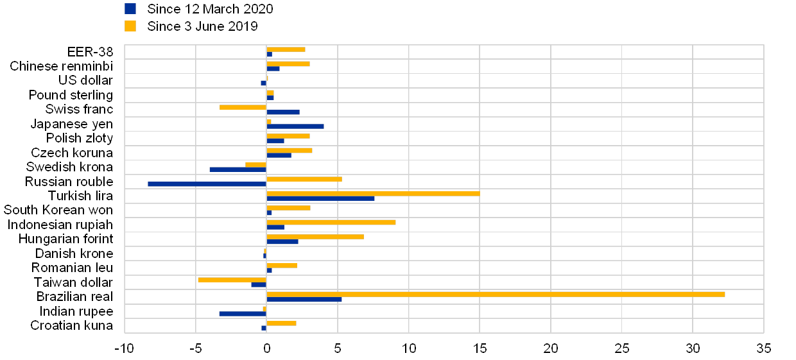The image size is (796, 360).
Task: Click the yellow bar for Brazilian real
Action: [496, 294]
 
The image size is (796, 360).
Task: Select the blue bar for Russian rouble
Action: [207, 184]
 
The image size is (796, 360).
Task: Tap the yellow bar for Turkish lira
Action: [373, 193]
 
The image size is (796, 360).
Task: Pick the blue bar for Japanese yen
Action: [295, 126]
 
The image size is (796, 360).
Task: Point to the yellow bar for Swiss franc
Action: [243, 107]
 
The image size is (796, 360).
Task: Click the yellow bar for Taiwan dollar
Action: [232, 280]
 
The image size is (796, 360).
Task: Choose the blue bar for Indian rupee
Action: [242, 314]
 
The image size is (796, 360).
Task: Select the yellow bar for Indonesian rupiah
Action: [331, 222]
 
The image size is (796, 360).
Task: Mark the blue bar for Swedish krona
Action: [238, 169]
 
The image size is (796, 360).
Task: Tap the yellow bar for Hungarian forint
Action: [315, 237]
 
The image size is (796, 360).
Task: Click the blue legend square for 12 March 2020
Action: [130, 8]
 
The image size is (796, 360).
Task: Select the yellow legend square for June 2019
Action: [130, 26]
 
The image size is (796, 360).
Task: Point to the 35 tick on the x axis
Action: [763, 348]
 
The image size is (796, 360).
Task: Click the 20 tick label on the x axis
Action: [551, 348]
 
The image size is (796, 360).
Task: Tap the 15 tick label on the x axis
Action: [480, 348]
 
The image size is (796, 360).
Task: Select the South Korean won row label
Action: [58, 210]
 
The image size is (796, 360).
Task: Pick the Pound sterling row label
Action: [73, 95]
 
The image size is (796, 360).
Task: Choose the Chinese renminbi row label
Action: [62, 66]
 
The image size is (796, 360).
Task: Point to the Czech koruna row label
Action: [72, 153]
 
